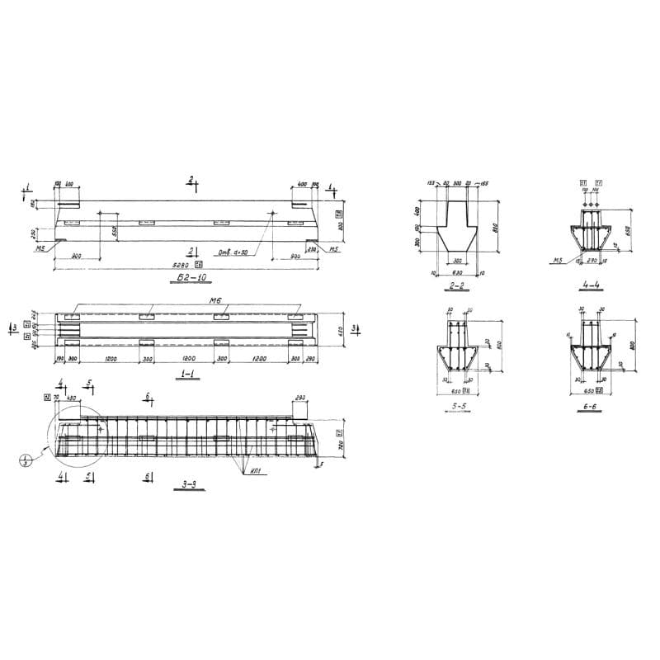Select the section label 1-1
point(184,374)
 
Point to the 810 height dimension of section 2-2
point(496,227)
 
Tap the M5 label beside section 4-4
point(558,261)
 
